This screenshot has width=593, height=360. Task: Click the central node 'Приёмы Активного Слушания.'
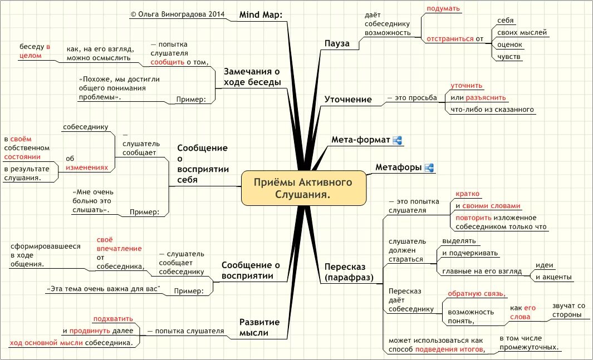[303, 188]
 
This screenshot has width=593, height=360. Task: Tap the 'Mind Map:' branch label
[261, 14]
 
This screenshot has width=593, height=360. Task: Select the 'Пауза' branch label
[337, 43]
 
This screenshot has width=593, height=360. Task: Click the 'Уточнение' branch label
[348, 99]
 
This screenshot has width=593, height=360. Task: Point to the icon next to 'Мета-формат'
[398, 140]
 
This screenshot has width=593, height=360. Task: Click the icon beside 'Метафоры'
[429, 167]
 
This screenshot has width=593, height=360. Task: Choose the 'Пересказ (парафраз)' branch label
[349, 272]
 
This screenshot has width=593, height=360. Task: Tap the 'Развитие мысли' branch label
[259, 327]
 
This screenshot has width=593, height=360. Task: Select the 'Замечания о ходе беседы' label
[252, 77]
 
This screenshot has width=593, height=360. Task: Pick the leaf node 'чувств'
[509, 57]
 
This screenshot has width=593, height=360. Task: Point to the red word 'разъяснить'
[482, 98]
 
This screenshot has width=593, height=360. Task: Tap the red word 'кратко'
[467, 193]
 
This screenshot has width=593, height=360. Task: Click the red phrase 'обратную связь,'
[477, 294]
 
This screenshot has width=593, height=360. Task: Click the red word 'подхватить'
[113, 319]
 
